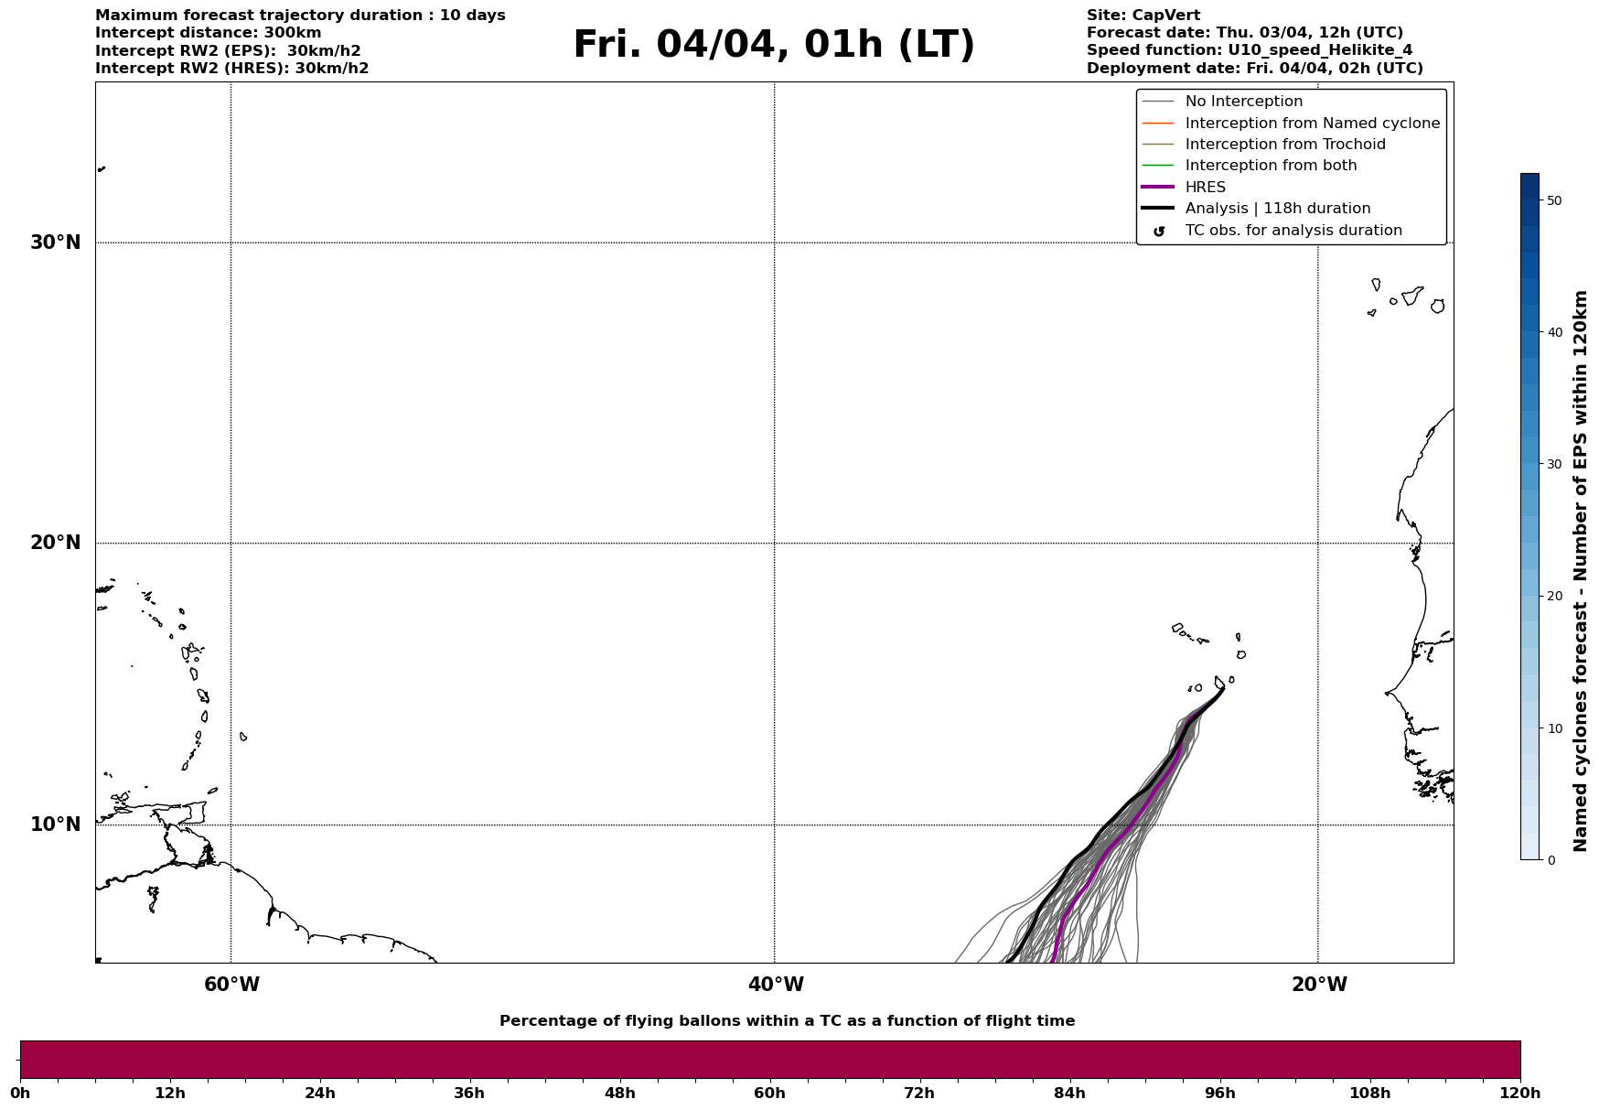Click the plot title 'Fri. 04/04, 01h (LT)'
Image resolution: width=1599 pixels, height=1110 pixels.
774,45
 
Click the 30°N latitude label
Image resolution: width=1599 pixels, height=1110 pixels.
55,242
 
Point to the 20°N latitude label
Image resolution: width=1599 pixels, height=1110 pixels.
55,543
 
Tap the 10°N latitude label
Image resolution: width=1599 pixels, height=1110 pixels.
55,824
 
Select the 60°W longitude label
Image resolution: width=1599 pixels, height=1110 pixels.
231,985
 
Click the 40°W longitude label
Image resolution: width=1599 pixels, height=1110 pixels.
776,985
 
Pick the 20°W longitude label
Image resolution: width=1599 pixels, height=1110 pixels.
1319,985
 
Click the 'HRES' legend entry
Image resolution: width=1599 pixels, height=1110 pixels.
1205,188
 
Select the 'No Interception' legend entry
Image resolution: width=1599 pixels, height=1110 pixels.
1243,102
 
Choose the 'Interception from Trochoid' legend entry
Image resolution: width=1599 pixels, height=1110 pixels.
1284,145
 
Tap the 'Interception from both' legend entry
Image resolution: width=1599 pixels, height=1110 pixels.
1271,166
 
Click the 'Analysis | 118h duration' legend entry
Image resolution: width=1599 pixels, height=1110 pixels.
1277,209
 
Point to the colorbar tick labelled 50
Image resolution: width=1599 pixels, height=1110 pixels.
1553,200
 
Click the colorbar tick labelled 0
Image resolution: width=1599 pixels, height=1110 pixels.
1550,860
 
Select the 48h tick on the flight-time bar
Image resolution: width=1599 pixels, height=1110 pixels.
619,1093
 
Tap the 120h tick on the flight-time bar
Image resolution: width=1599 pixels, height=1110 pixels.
1520,1093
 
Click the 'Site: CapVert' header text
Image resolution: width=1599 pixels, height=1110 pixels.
1143,16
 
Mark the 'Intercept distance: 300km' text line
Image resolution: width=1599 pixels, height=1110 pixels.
208,33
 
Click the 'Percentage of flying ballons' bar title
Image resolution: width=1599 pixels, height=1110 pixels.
787,1021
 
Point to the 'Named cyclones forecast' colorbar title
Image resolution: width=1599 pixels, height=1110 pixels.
1580,571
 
